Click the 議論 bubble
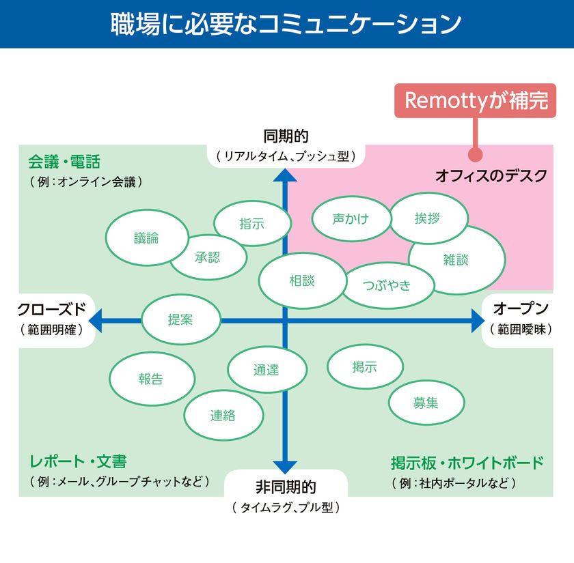click(x=147, y=237)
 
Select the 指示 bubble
click(x=252, y=223)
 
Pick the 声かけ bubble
click(x=351, y=218)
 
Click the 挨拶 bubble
click(x=428, y=218)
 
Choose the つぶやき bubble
click(x=387, y=285)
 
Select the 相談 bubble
click(x=302, y=280)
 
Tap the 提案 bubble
click(x=181, y=319)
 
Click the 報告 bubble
click(x=152, y=379)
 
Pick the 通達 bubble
click(x=267, y=370)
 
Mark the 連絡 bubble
click(x=223, y=415)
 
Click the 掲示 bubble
click(x=365, y=366)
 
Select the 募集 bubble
click(x=426, y=403)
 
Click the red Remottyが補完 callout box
click(x=475, y=100)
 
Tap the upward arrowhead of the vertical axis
click(x=285, y=175)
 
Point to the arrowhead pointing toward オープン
click(x=478, y=321)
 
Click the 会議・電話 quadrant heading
click(x=64, y=162)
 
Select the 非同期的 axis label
click(x=286, y=487)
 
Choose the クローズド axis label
click(x=52, y=309)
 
